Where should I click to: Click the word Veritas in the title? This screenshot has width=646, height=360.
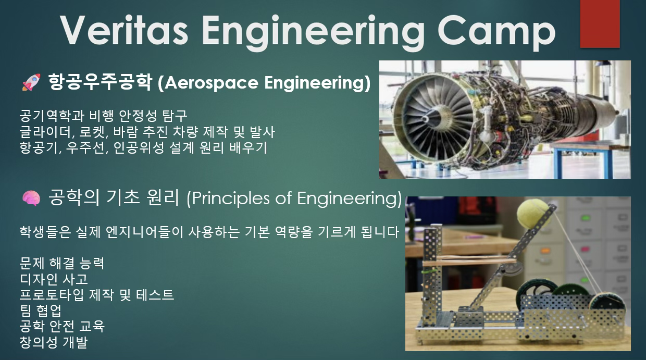[x=125, y=30]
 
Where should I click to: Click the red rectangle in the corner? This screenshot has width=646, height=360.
[x=600, y=23]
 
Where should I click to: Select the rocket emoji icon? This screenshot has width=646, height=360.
[x=31, y=82]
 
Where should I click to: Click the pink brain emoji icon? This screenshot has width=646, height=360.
[x=31, y=198]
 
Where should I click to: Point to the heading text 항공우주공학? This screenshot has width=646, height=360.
[x=100, y=82]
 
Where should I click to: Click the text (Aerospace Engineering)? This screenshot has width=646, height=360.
[x=264, y=83]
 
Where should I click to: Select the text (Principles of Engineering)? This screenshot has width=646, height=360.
[x=294, y=198]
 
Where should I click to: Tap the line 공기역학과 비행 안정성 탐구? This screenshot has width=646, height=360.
[x=103, y=116]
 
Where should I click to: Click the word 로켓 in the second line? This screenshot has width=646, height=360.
[x=93, y=132]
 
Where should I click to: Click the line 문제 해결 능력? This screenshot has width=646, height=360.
[x=61, y=263]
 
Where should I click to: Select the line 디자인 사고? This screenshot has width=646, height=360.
[x=54, y=279]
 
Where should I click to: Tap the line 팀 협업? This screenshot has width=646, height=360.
[x=41, y=311]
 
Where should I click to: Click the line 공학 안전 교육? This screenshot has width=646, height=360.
[x=62, y=326]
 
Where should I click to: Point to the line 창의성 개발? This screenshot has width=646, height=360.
[x=54, y=342]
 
